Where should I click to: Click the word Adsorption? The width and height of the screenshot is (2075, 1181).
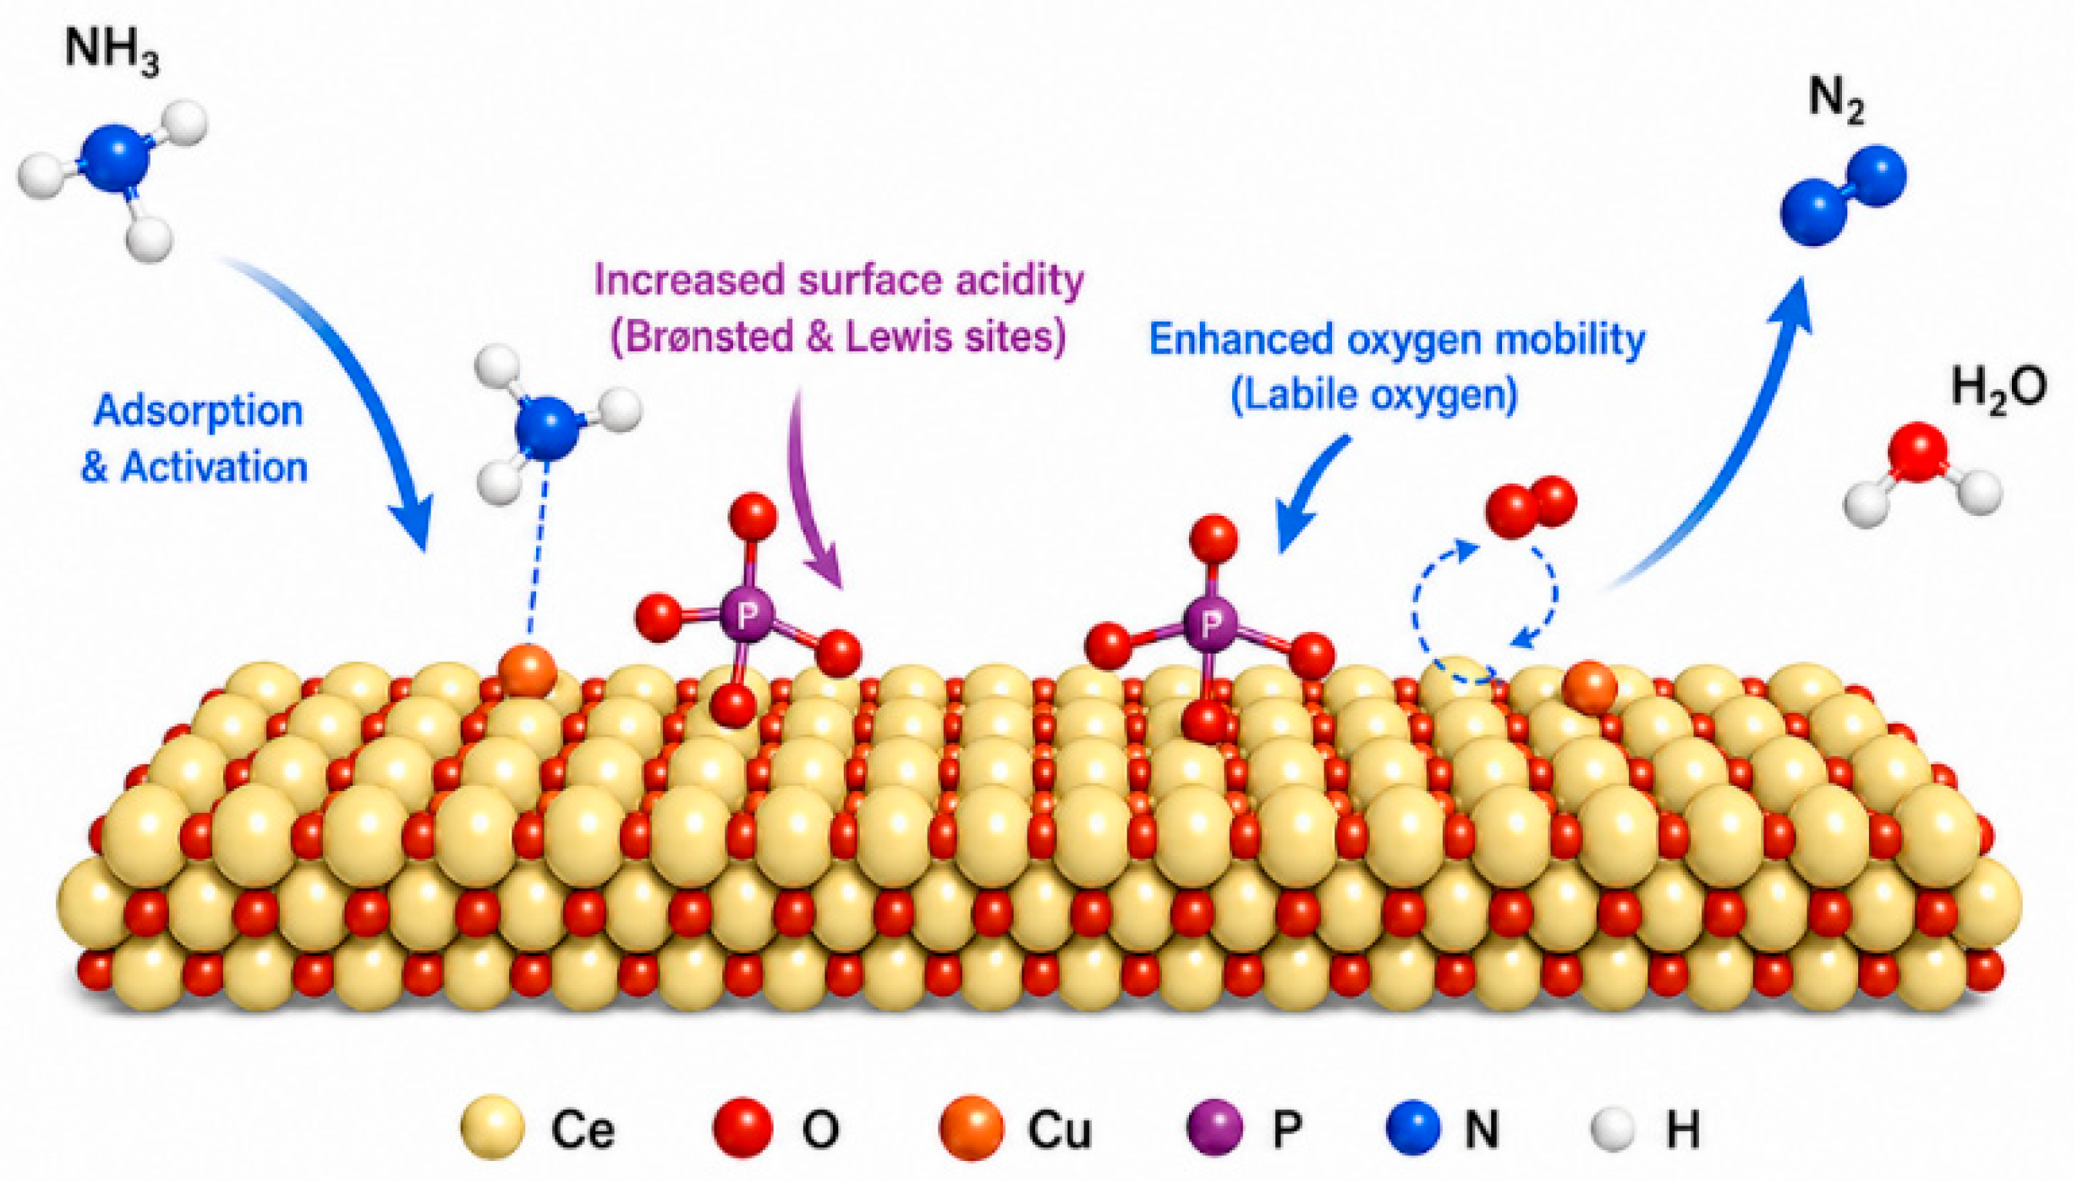tap(198, 411)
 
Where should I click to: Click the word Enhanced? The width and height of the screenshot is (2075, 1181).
tap(1241, 340)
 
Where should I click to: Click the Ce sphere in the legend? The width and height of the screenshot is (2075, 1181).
tap(492, 1127)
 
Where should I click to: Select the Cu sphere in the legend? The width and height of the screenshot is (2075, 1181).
tap(971, 1127)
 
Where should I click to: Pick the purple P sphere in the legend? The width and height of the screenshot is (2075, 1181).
tap(1215, 1127)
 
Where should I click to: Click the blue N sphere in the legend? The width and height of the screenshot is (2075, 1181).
tap(1413, 1127)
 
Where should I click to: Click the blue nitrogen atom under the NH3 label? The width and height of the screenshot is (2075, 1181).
tap(116, 158)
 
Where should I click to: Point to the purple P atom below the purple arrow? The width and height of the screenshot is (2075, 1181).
tap(746, 617)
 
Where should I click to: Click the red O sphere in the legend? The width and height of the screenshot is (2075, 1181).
tap(742, 1127)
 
